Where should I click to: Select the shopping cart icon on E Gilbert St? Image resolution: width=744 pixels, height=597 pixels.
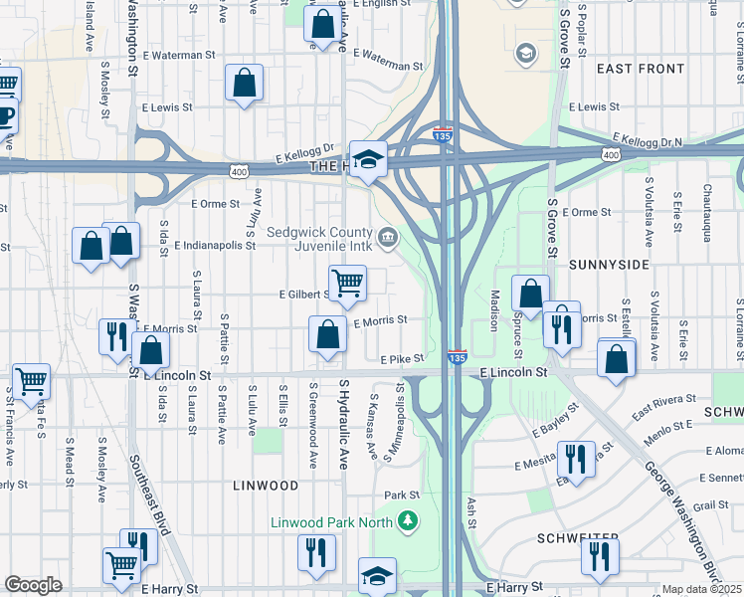[x=347, y=283]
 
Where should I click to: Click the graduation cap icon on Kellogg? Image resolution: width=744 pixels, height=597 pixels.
[x=368, y=160]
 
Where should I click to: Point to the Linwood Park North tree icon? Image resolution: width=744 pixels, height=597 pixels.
[x=406, y=521]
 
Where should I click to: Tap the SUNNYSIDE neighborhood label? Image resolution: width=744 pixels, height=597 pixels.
[x=610, y=266]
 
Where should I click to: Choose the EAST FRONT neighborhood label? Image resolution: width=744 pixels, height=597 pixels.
[x=641, y=69]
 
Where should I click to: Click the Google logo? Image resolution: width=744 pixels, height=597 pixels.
[x=33, y=585]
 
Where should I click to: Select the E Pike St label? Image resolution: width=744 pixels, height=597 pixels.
[x=401, y=358]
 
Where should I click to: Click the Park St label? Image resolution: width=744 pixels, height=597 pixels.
[x=403, y=495]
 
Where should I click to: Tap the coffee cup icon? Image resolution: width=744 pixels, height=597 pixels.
[x=5, y=117]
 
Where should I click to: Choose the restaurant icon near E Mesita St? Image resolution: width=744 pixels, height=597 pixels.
[x=576, y=459]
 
